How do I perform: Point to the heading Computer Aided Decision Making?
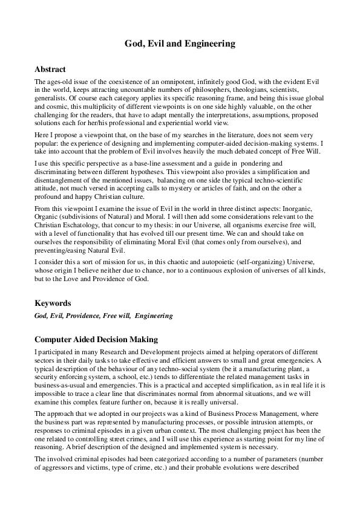[96, 339]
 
